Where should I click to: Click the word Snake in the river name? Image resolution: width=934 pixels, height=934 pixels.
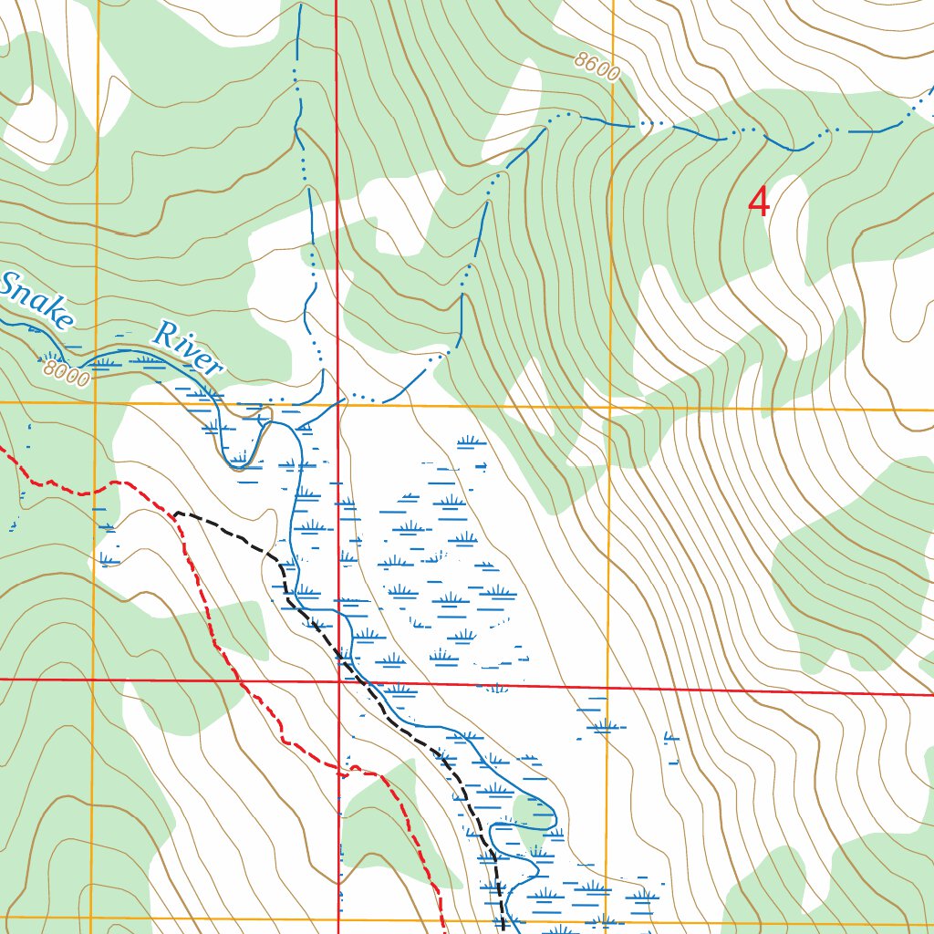pos(36,301)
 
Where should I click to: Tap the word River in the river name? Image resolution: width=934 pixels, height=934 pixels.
pos(187,348)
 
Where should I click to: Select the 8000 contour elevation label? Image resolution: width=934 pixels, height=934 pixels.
pos(67,373)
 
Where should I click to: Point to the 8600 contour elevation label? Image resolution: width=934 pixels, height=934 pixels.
pos(597,67)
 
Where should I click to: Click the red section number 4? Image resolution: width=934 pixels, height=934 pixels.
pos(758,202)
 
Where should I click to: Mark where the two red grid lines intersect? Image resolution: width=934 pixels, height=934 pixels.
pos(338,680)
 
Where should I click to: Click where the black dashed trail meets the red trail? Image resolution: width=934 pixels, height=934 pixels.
pos(175,514)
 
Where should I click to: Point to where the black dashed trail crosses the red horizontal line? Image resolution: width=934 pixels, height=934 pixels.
pos(359,680)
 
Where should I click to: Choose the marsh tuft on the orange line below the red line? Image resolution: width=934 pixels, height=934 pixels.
pos(601,725)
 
